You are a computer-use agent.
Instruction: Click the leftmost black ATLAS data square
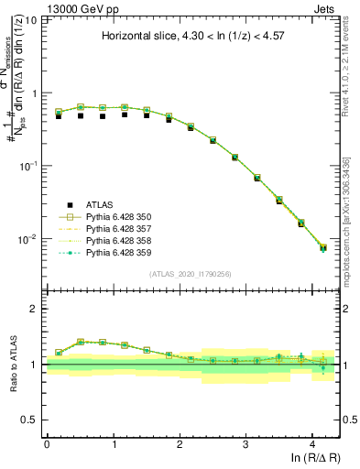59,116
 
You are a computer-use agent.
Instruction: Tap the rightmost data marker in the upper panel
322,247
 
